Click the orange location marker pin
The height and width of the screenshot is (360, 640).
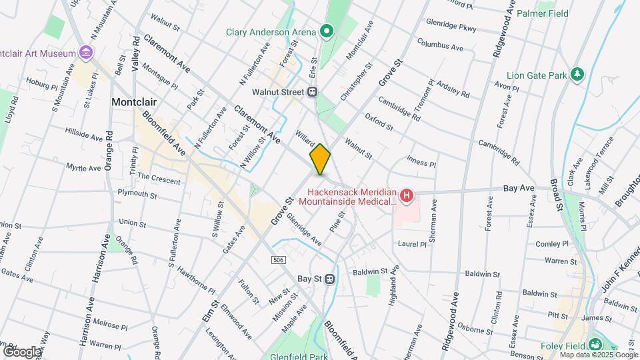click(x=320, y=159)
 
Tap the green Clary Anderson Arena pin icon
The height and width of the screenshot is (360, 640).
click(x=327, y=31)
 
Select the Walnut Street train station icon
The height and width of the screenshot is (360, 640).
click(x=312, y=91)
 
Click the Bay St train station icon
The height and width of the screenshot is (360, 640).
click(x=329, y=279)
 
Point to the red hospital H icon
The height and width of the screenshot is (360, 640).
click(x=406, y=195)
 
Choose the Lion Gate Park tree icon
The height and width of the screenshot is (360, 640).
click(x=578, y=75)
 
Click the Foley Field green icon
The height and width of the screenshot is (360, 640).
click(x=595, y=345)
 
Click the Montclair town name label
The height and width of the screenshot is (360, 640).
click(x=137, y=103)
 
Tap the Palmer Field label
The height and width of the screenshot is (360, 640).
click(x=559, y=13)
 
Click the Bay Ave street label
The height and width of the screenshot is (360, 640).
click(x=519, y=189)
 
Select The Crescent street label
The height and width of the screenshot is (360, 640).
click(x=158, y=181)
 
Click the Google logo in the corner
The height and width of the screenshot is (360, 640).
click(x=22, y=351)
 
